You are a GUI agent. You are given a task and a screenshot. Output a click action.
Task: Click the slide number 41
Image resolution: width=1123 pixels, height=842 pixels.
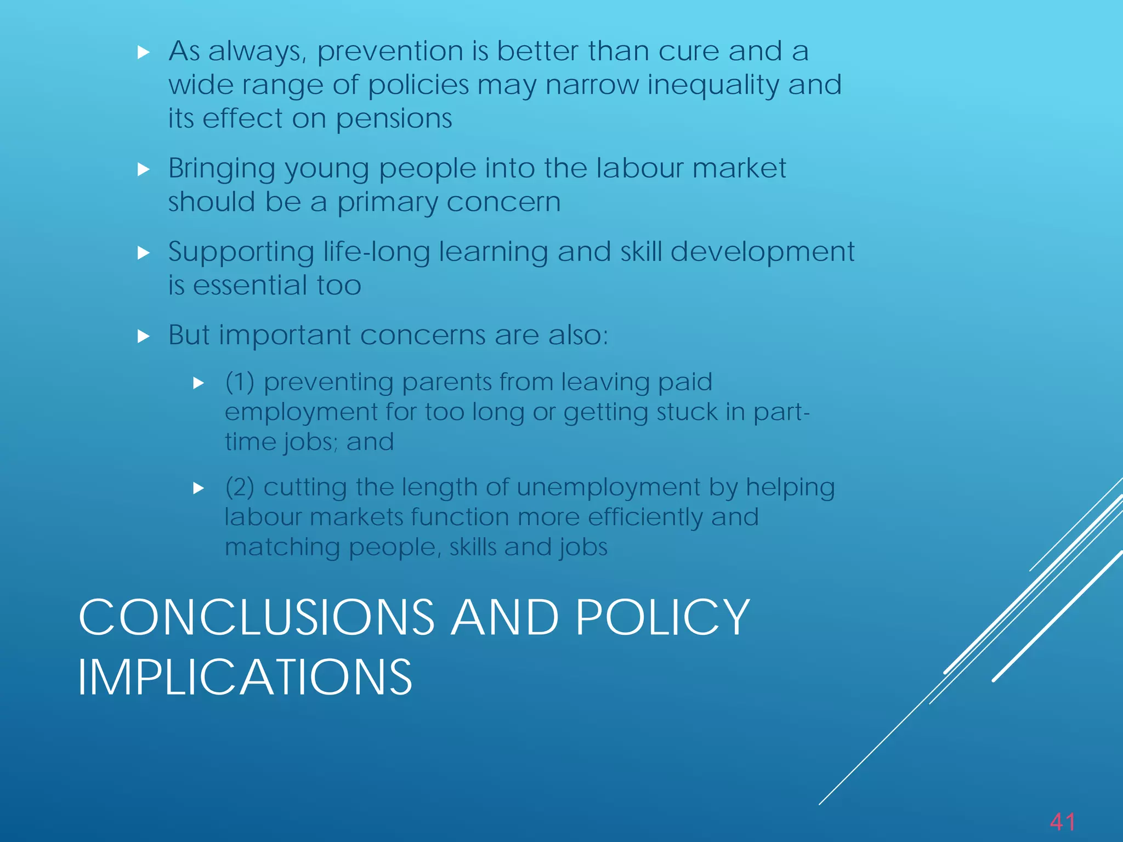tap(1062, 822)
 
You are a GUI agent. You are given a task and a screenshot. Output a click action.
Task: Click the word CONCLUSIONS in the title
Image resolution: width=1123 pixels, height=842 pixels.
tap(256, 618)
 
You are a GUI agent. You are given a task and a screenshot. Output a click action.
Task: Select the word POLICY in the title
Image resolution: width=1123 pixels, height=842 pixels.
tap(662, 618)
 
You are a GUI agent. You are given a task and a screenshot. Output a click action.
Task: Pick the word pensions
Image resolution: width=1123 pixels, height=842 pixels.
tap(394, 120)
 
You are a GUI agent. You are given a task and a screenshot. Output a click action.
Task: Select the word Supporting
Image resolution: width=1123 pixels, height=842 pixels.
tap(241, 253)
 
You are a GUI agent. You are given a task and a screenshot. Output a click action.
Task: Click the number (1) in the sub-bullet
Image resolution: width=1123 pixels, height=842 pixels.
tap(240, 382)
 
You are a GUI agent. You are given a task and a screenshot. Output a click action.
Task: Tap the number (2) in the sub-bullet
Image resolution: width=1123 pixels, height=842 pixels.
tap(240, 487)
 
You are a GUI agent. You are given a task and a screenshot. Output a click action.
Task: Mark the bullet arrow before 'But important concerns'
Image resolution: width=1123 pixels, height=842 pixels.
tap(144, 336)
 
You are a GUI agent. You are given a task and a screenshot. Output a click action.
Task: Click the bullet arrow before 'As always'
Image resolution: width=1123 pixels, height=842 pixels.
tap(144, 53)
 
